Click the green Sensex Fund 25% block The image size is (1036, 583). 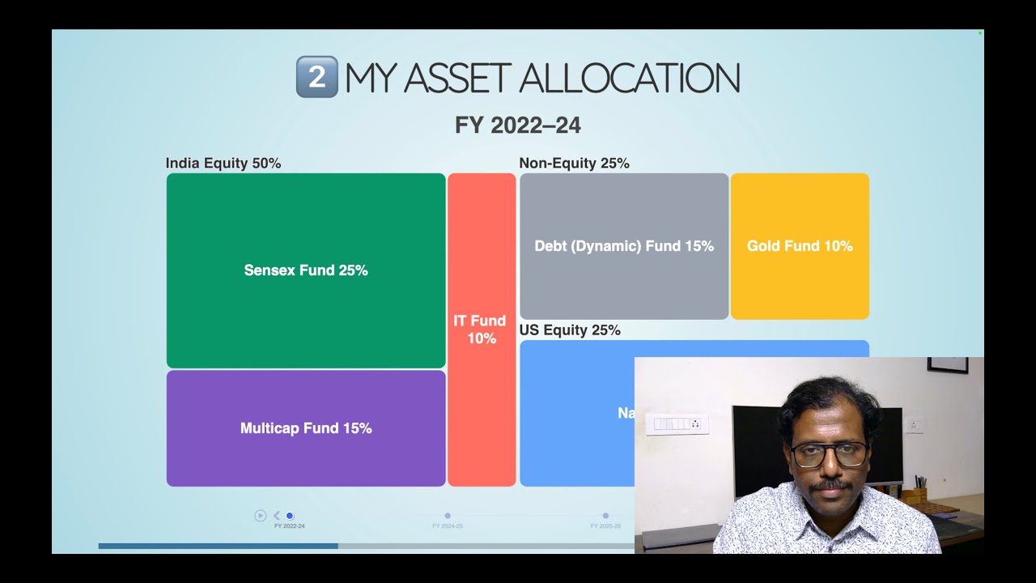[x=306, y=270]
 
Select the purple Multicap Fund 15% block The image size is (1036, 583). [x=306, y=428]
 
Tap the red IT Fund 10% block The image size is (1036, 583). [x=482, y=330]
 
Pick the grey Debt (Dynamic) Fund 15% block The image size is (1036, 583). [x=624, y=246]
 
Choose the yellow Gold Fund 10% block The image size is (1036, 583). [x=800, y=246]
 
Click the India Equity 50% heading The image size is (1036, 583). [x=223, y=164]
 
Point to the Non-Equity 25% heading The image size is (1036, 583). [x=574, y=164]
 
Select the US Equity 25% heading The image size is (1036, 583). [x=570, y=330]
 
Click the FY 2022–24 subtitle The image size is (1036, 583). [x=518, y=126]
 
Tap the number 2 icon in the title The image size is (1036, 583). [x=316, y=77]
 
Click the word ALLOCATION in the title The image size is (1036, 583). [x=629, y=78]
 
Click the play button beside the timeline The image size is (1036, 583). [x=260, y=515]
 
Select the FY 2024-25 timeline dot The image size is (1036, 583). [x=448, y=516]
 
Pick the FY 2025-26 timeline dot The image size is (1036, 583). [x=605, y=516]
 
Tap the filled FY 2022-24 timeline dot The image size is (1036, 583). [x=290, y=516]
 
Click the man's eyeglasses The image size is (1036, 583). [x=829, y=454]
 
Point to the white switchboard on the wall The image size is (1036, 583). [x=677, y=424]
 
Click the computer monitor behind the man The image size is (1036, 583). [x=757, y=445]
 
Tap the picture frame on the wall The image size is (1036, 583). [x=948, y=364]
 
